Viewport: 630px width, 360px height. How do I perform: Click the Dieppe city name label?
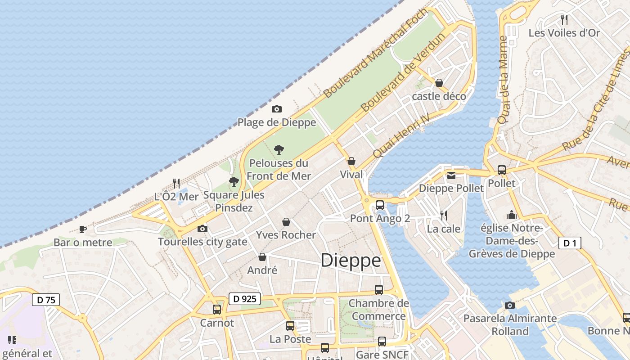(351, 261)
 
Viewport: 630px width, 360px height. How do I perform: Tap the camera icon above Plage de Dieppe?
(277, 109)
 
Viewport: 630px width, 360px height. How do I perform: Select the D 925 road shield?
(245, 298)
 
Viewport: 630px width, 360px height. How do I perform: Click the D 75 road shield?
(46, 300)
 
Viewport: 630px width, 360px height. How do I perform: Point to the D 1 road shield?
(570, 243)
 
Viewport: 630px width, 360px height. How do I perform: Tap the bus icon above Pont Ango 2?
(380, 205)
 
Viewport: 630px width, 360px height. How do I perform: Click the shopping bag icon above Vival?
(351, 161)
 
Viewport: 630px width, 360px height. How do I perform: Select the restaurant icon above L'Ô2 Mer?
(176, 183)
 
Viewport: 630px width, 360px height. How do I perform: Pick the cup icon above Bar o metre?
(83, 229)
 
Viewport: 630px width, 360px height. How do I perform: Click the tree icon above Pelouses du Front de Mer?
(279, 149)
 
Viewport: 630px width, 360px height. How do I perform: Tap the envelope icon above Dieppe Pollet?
(451, 175)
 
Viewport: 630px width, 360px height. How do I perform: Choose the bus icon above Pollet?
(502, 170)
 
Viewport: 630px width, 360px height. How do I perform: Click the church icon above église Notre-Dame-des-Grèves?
(512, 215)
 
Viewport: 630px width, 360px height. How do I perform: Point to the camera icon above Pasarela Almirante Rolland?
(510, 305)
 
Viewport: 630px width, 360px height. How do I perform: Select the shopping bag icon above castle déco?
(439, 83)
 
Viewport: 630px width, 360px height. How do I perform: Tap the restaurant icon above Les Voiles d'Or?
(564, 19)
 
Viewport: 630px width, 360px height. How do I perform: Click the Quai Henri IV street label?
(401, 135)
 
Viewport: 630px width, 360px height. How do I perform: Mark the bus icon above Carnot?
(217, 310)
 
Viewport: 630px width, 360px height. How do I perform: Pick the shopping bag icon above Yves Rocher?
(286, 221)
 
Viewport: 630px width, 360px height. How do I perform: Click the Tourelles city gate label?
(202, 242)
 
